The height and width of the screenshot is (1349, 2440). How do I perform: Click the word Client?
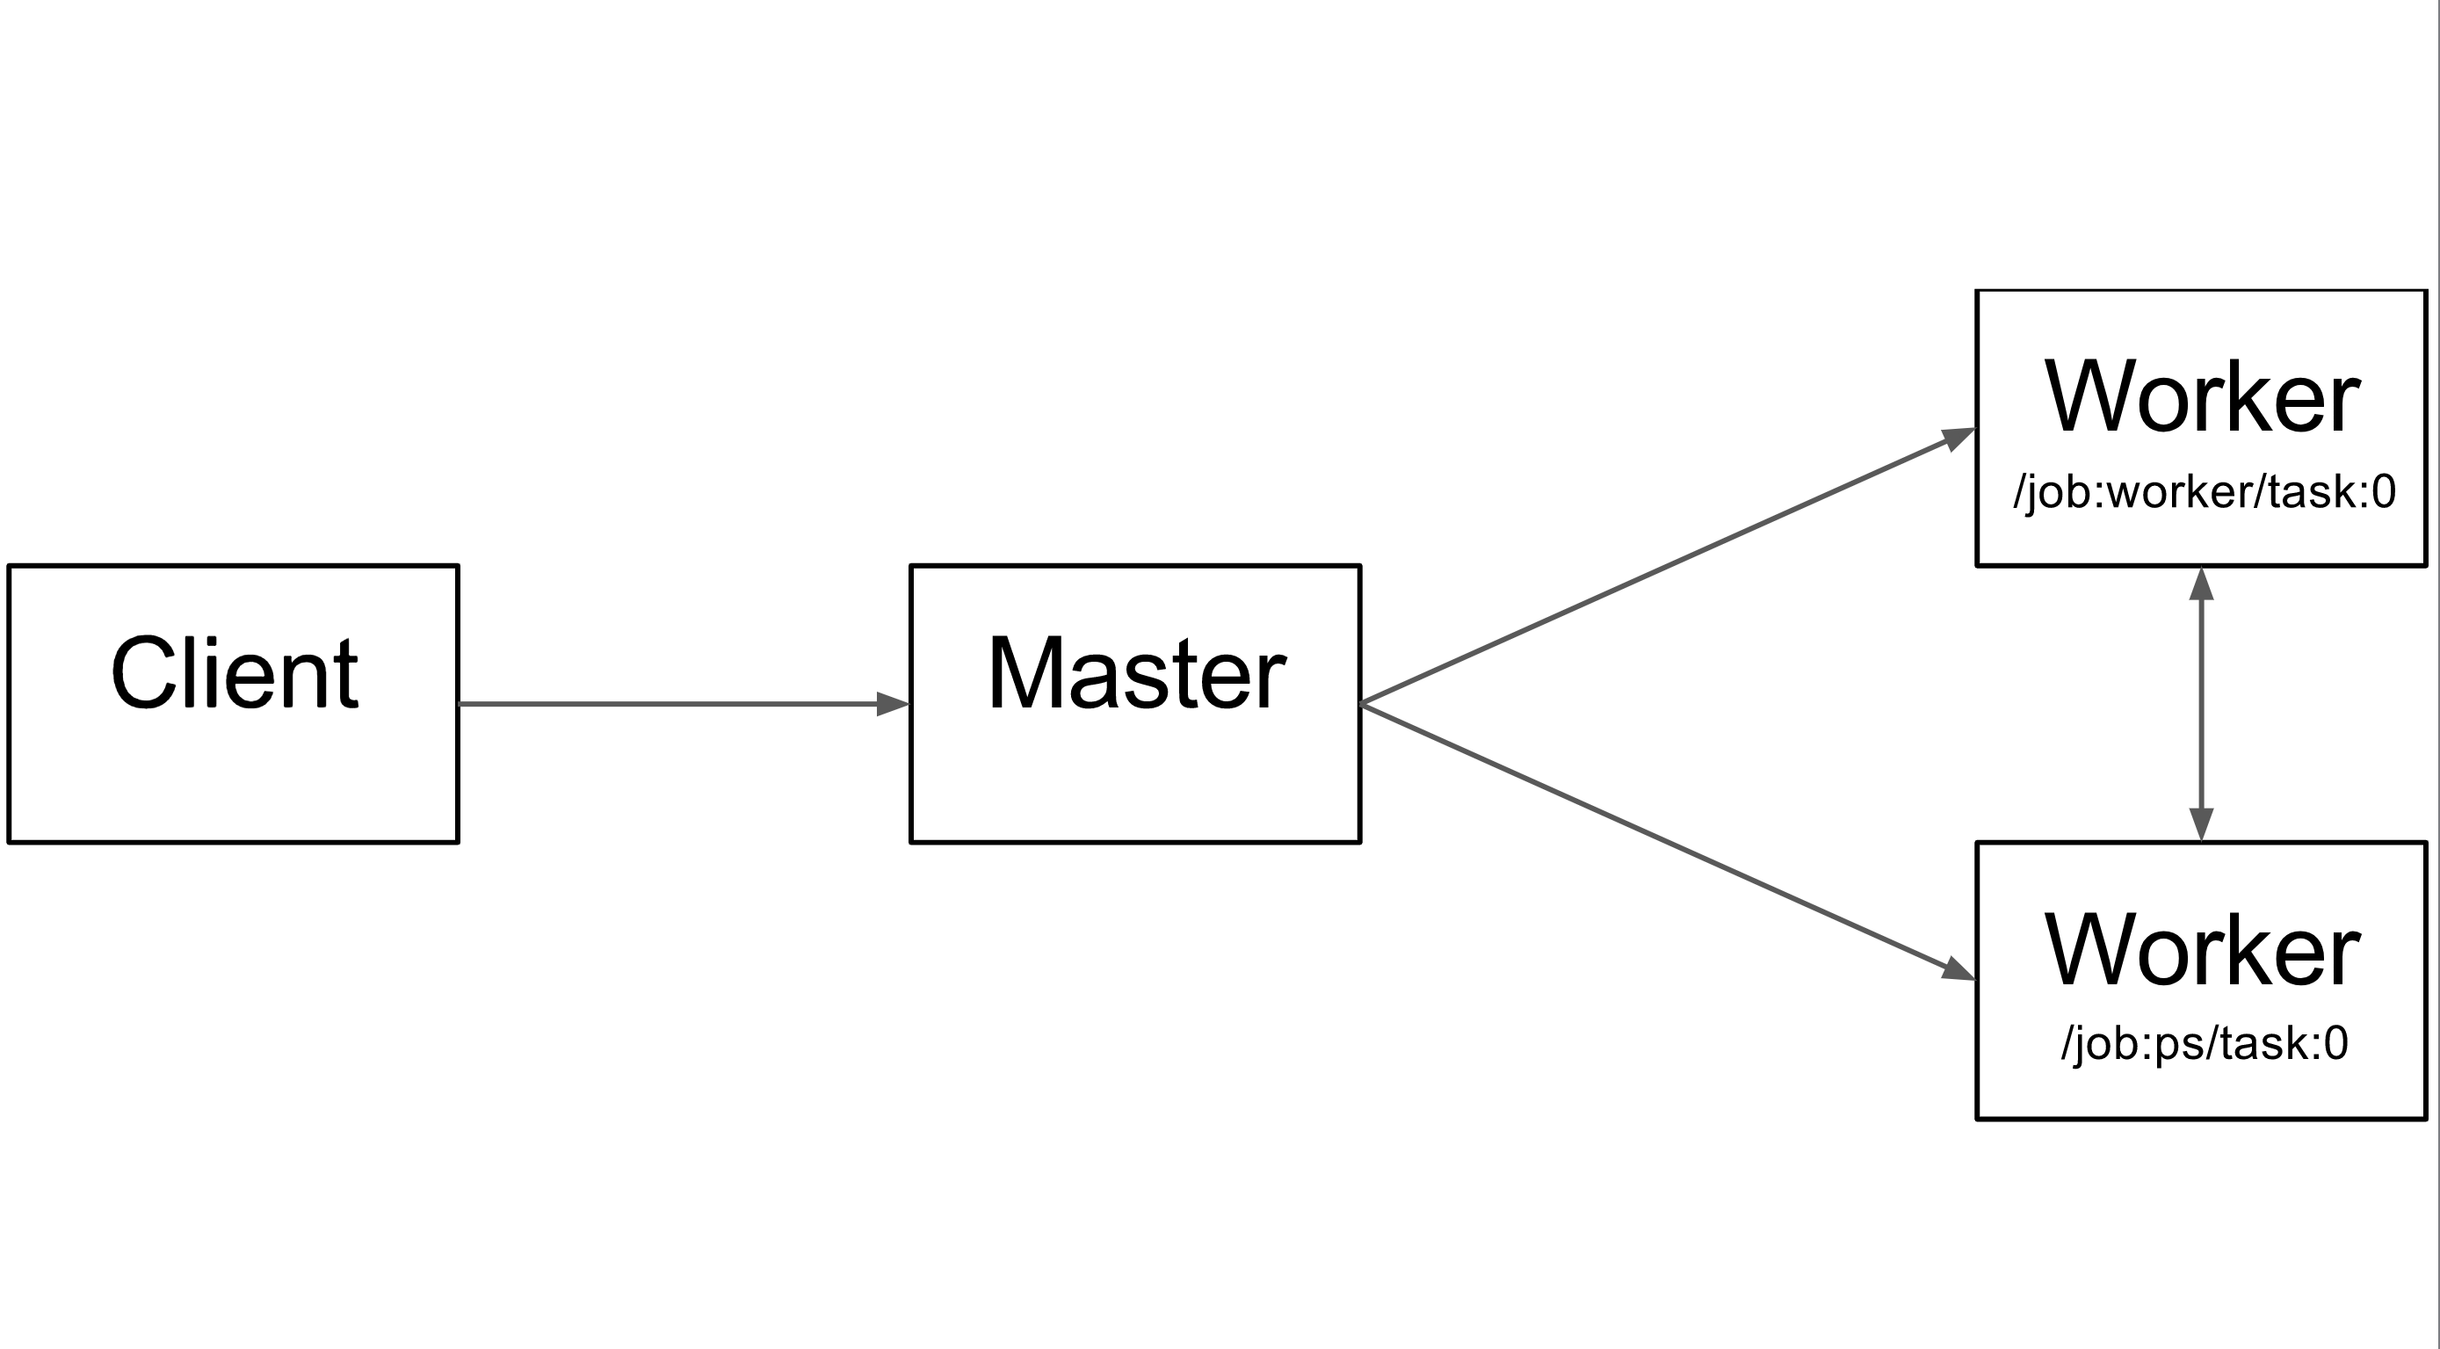pyautogui.click(x=234, y=672)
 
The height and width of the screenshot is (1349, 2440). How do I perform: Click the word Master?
pyautogui.click(x=1136, y=672)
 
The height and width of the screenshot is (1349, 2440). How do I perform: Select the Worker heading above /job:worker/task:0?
pyautogui.click(x=2201, y=397)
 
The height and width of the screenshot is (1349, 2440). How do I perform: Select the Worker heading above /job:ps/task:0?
pyautogui.click(x=2201, y=950)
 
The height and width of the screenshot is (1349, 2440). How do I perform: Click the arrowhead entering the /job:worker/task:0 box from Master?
pyautogui.click(x=1958, y=439)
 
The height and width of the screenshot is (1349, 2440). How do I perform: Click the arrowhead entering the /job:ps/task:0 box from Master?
pyautogui.click(x=1958, y=969)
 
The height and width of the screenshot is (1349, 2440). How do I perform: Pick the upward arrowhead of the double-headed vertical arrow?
pyautogui.click(x=2201, y=584)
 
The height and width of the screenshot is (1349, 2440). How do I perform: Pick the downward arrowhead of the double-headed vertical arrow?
pyautogui.click(x=2201, y=823)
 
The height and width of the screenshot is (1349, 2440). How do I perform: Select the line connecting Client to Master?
pyautogui.click(x=663, y=704)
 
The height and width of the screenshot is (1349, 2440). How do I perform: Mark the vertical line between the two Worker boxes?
pyautogui.click(x=2201, y=704)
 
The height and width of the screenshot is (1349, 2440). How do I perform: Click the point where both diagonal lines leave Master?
pyautogui.click(x=1362, y=704)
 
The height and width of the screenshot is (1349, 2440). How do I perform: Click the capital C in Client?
pyautogui.click(x=142, y=672)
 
